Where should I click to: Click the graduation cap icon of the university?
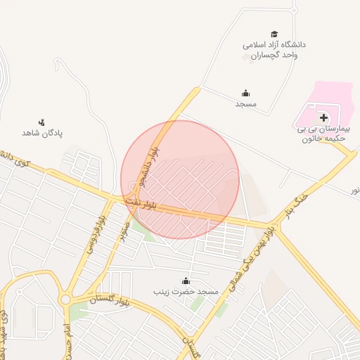pos(274,34)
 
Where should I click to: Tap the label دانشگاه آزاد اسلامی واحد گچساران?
pos(275,50)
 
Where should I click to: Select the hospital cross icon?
pos(323,117)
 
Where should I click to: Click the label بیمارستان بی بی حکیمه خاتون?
pos(322,134)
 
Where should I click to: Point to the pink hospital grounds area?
pos(330,98)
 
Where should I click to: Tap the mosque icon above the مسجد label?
pos(245,93)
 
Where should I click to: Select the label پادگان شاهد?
pos(42,133)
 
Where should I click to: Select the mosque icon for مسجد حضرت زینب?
pos(186,281)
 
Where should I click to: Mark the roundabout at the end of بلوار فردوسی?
pos(65,300)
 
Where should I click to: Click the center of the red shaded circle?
pos(180,179)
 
